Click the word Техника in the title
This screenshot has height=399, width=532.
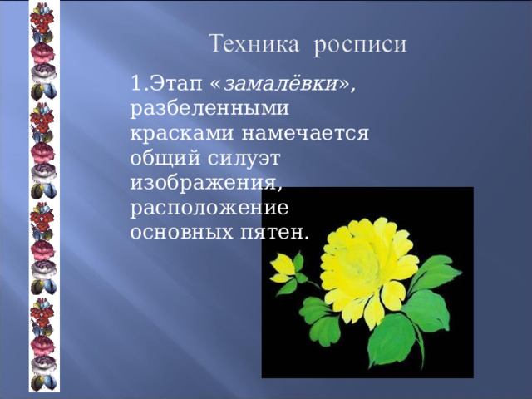click(x=253, y=43)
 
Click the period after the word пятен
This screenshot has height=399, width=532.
click(x=307, y=234)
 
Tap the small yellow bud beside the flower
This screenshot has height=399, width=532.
click(x=282, y=266)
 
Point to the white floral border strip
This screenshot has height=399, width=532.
click(x=43, y=199)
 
